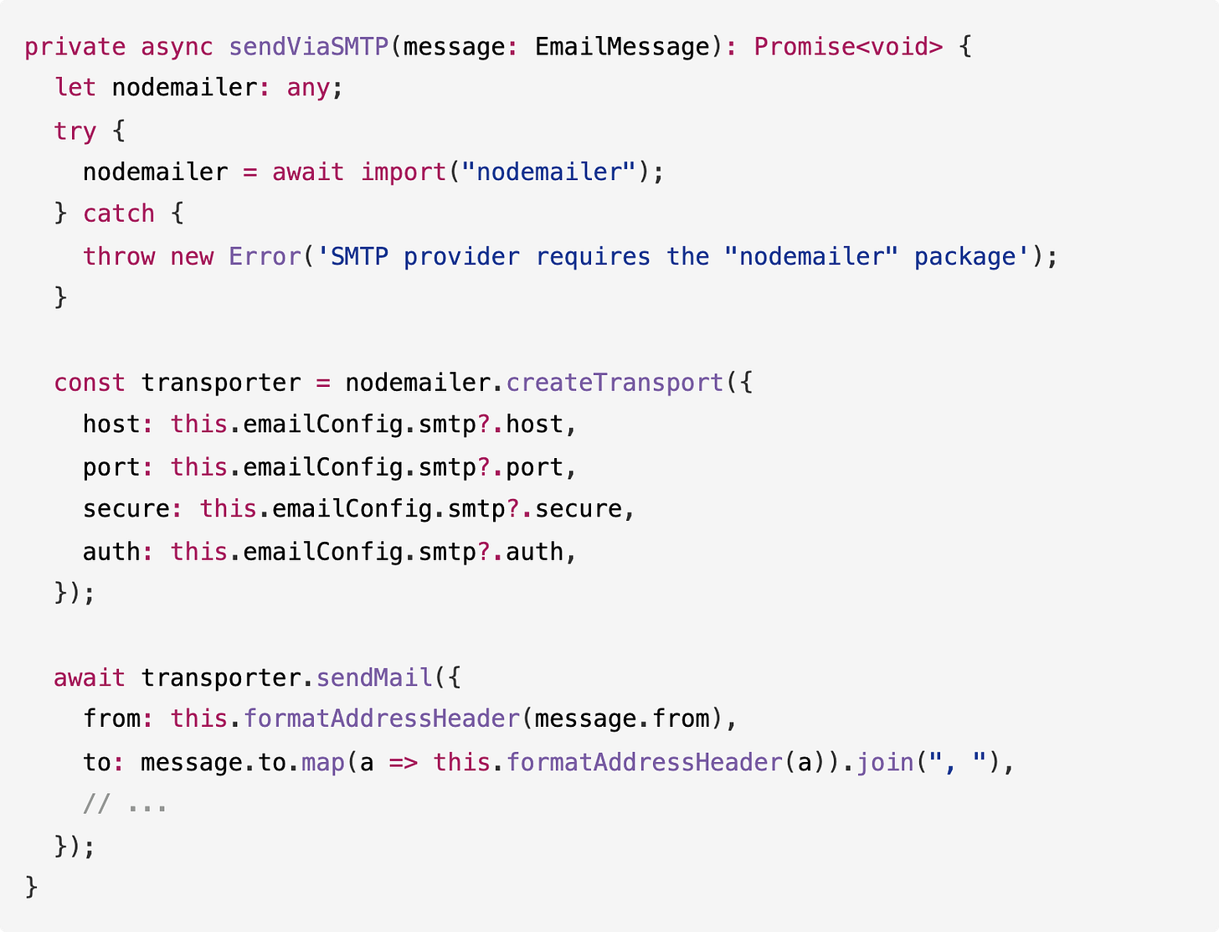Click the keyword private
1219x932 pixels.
click(x=75, y=46)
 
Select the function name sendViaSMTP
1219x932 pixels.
click(x=308, y=46)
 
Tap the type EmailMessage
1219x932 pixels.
click(x=622, y=46)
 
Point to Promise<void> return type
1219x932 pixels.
click(x=847, y=46)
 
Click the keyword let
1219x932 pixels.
click(x=75, y=88)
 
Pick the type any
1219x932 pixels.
click(x=308, y=88)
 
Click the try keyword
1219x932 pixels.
click(x=75, y=131)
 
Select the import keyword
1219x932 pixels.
click(x=403, y=172)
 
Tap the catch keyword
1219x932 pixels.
click(x=119, y=214)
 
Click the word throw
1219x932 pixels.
click(x=119, y=256)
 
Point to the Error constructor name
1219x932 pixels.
click(x=265, y=256)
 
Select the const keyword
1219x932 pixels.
click(x=90, y=383)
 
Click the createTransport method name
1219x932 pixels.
click(x=615, y=383)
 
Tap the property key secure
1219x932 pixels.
click(x=126, y=509)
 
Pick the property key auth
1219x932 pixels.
click(x=111, y=552)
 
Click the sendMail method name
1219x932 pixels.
click(x=373, y=677)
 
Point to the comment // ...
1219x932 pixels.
click(x=96, y=805)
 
